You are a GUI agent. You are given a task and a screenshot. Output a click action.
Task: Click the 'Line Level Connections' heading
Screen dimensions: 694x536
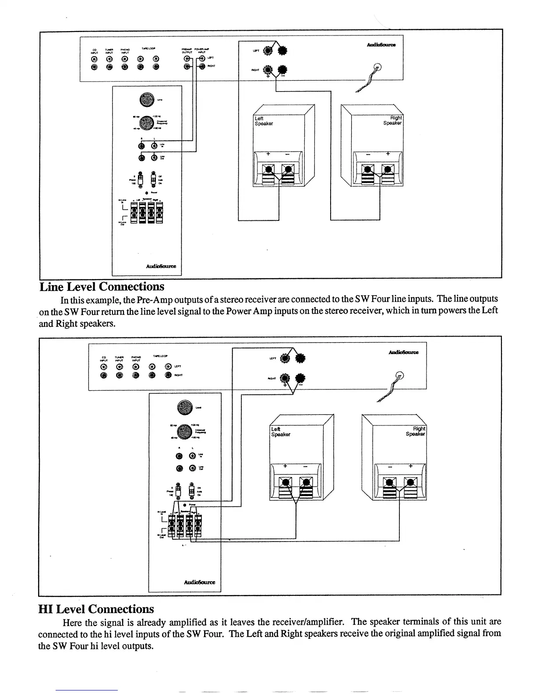click(x=102, y=287)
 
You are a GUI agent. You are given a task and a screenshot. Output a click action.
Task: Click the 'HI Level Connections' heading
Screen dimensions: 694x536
click(x=96, y=609)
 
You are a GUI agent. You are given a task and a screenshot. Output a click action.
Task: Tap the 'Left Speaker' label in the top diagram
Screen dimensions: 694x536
click(x=264, y=121)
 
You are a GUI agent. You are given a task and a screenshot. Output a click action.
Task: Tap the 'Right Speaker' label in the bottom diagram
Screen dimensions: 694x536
click(x=416, y=431)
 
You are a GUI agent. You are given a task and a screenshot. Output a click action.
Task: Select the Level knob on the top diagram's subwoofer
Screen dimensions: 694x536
click(x=147, y=100)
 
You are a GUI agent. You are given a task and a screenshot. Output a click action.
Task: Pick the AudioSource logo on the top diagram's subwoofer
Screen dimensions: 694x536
click(x=161, y=266)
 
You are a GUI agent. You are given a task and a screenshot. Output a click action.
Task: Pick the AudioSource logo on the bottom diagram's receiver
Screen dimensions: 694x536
click(x=403, y=352)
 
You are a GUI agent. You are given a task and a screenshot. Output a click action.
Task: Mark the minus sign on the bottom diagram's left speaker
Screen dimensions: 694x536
click(x=305, y=467)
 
